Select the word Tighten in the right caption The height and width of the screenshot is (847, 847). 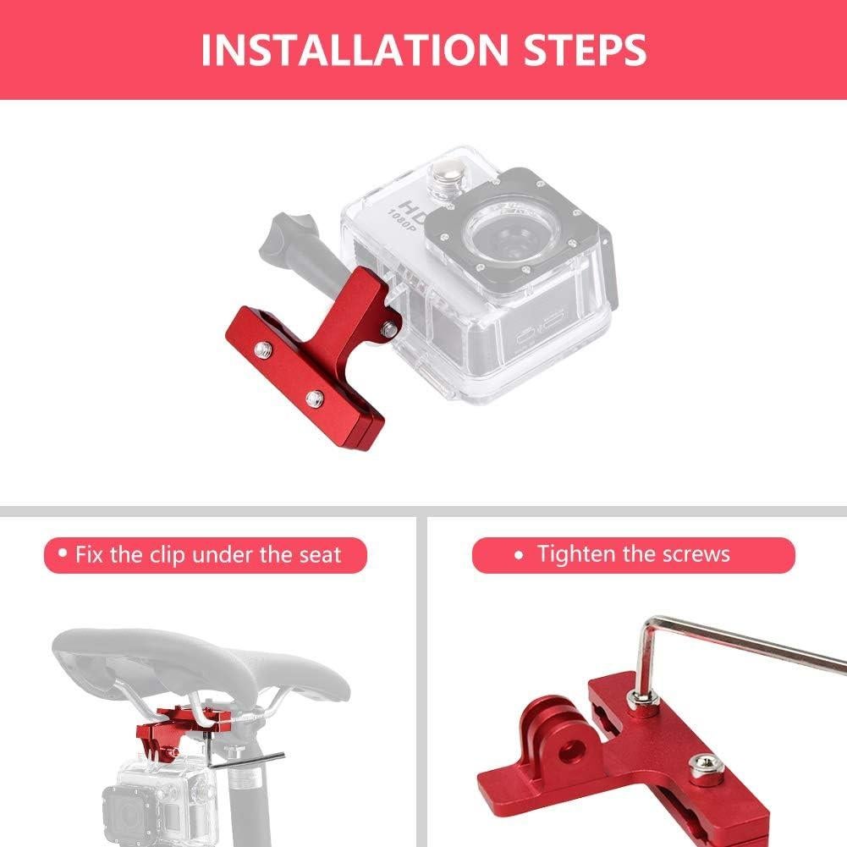[x=575, y=554]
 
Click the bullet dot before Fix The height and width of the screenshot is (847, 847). [x=62, y=555]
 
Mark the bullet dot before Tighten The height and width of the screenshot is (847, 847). [x=519, y=555]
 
